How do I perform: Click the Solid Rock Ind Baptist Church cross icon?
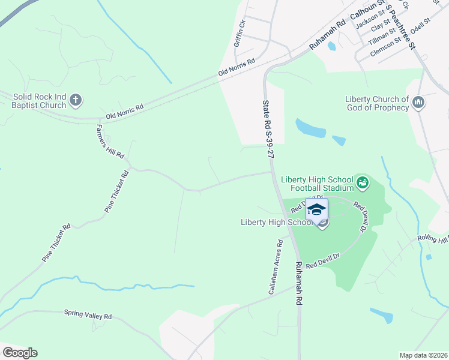[x=76, y=100]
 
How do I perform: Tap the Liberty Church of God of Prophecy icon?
[x=418, y=103]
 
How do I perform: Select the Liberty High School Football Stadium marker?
[x=362, y=181]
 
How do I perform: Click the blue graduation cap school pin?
[x=316, y=209]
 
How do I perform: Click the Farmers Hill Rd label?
[x=110, y=142]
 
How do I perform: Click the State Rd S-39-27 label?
[x=268, y=129]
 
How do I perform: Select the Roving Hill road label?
[x=433, y=239]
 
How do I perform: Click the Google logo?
[x=20, y=353]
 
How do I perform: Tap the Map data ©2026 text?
[x=423, y=355]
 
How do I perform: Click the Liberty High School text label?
[x=277, y=222]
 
